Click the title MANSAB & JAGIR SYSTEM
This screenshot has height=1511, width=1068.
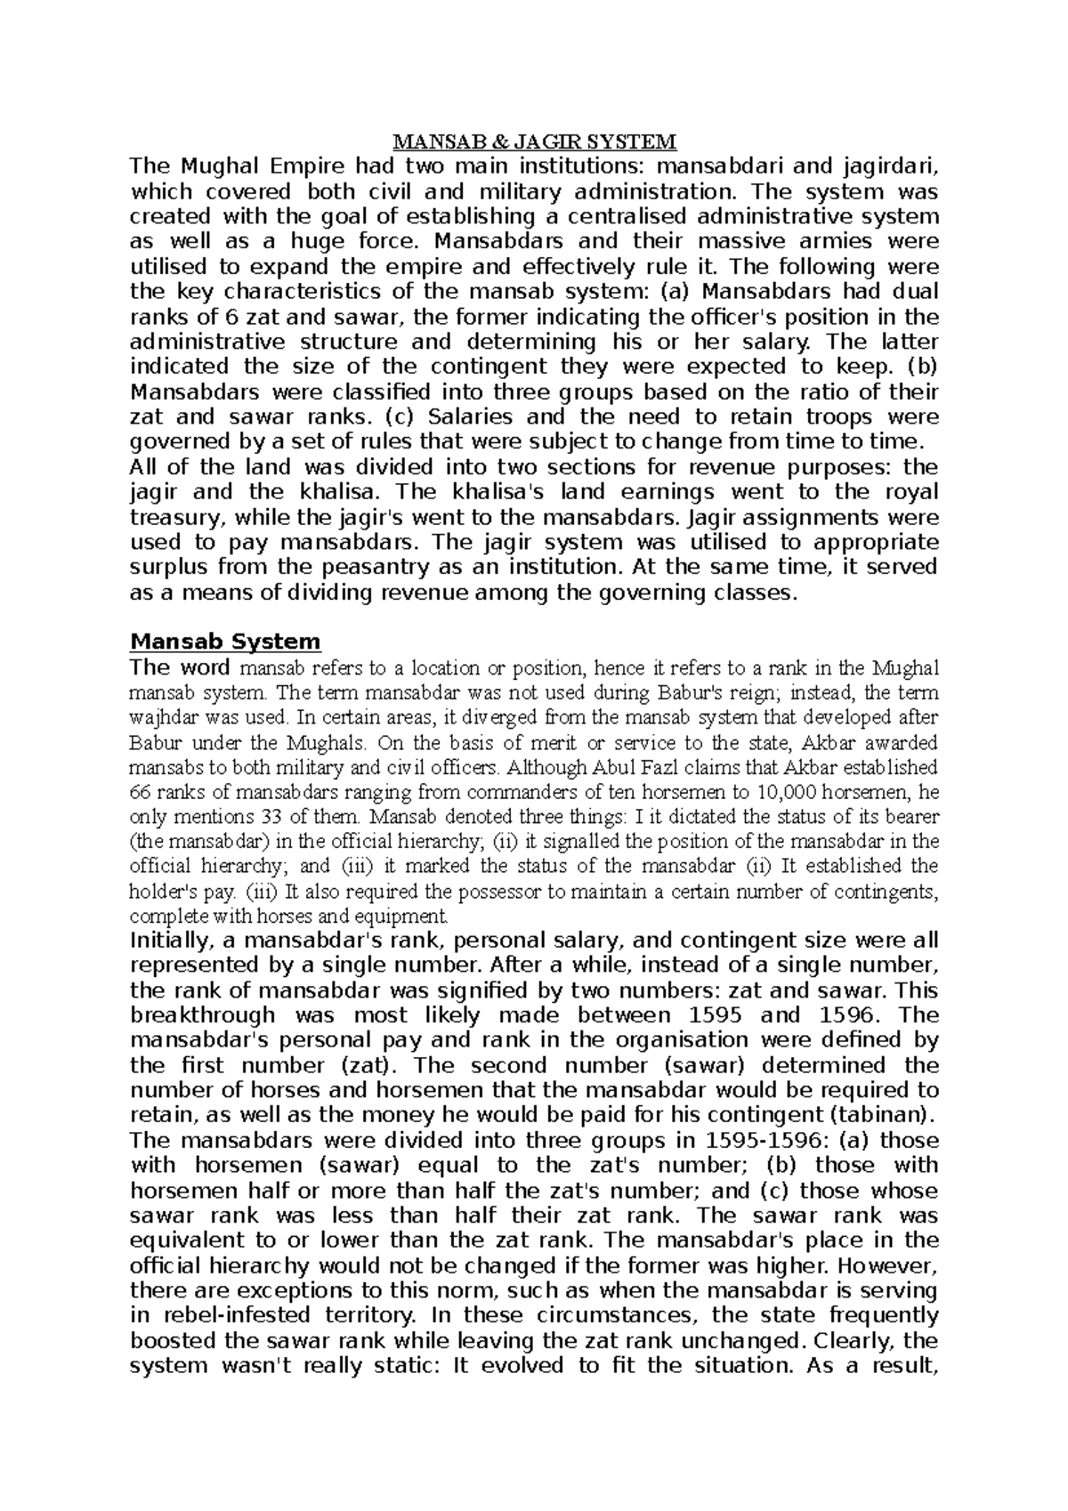coord(535,141)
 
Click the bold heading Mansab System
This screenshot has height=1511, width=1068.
coord(224,642)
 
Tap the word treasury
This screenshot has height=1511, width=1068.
coord(169,517)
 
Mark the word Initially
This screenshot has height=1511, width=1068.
coord(166,941)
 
